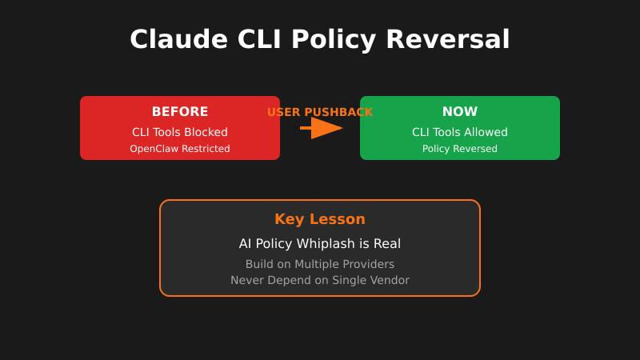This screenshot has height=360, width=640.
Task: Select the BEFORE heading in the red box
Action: [x=180, y=112]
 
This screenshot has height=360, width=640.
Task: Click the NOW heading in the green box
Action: [x=460, y=112]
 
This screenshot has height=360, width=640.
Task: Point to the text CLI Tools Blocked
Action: [x=180, y=132]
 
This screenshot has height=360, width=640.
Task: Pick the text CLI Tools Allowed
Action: [x=460, y=132]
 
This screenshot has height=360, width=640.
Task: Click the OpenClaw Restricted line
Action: [x=180, y=149]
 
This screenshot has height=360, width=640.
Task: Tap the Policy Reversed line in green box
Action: [x=460, y=149]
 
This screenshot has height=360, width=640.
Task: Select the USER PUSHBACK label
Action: [x=320, y=112]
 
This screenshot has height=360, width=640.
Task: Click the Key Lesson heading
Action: [x=320, y=219]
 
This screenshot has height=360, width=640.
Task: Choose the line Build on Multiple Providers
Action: [x=320, y=264]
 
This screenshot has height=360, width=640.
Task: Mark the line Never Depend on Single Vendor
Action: [x=320, y=280]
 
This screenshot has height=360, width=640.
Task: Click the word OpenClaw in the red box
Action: [x=155, y=149]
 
